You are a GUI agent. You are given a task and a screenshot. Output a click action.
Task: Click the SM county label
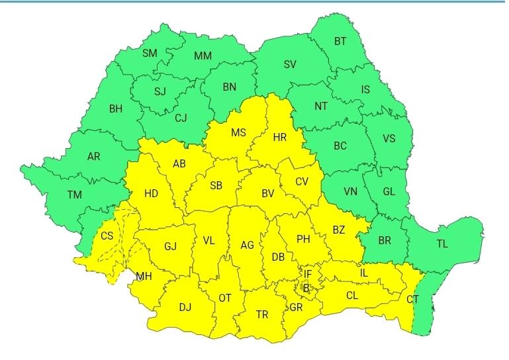click(x=150, y=53)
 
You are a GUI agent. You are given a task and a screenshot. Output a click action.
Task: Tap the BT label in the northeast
click(x=340, y=41)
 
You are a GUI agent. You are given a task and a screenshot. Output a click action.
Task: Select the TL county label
click(x=442, y=244)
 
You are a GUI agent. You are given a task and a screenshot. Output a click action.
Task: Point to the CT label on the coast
click(x=413, y=300)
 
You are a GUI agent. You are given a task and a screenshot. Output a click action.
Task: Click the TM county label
click(x=75, y=195)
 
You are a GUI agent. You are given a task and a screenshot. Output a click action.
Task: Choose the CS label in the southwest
click(x=107, y=236)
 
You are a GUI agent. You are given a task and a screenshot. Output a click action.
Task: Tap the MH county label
click(x=144, y=276)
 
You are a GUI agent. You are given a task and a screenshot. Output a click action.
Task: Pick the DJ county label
click(x=185, y=306)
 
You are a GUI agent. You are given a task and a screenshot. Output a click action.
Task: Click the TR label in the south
click(x=262, y=315)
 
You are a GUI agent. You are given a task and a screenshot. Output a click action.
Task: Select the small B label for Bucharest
click(x=305, y=287)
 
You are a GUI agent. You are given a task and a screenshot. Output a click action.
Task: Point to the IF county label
click(x=308, y=273)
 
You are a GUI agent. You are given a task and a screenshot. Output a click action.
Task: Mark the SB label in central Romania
click(x=216, y=186)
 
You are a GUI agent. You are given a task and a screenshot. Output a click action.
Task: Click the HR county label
click(x=280, y=138)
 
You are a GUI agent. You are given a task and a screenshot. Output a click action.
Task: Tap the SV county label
click(x=290, y=64)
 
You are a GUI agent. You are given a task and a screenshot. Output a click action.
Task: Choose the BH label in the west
click(x=116, y=109)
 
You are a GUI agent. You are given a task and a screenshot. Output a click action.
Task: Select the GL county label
click(x=389, y=191)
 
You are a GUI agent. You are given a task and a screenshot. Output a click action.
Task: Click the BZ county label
click(x=339, y=230)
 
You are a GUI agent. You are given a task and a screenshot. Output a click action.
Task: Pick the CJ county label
click(x=181, y=118)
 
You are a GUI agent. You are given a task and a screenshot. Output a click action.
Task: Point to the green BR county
click(x=385, y=240)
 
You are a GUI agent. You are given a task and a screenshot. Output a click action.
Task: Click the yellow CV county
click(x=302, y=181)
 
